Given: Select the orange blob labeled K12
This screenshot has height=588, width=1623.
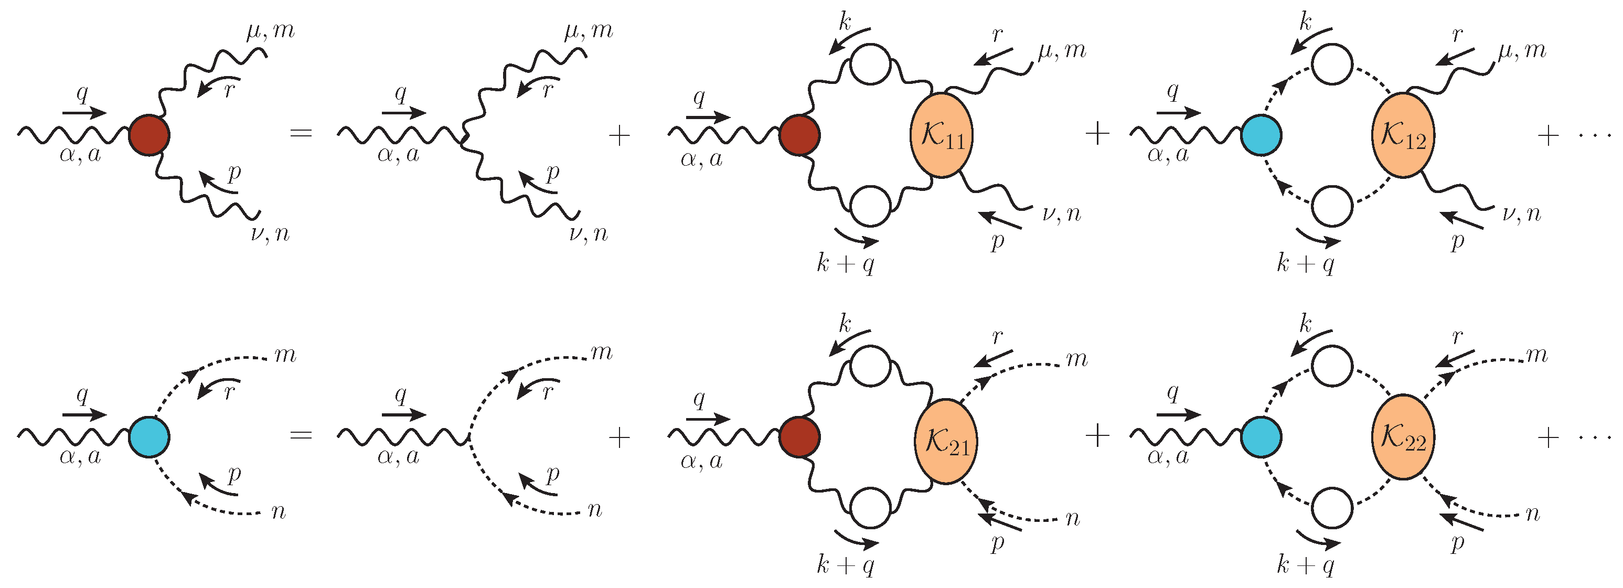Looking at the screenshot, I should tap(1403, 135).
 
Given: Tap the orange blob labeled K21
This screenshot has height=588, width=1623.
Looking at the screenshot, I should tap(946, 441).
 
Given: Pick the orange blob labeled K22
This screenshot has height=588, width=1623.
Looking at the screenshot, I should tap(1403, 437).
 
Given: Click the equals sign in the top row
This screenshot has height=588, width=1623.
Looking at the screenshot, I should tap(301, 134).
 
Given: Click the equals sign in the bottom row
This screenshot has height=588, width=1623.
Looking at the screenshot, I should tap(301, 435).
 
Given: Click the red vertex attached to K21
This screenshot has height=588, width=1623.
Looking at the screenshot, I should tap(799, 437).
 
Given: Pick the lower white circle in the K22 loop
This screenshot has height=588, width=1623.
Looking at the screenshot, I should tap(1332, 507).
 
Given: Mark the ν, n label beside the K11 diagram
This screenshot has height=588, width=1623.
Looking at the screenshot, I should tap(1062, 215).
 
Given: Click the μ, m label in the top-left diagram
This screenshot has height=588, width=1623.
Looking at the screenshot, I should tap(271, 30).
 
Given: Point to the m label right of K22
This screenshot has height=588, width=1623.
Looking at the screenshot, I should tap(1536, 356).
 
